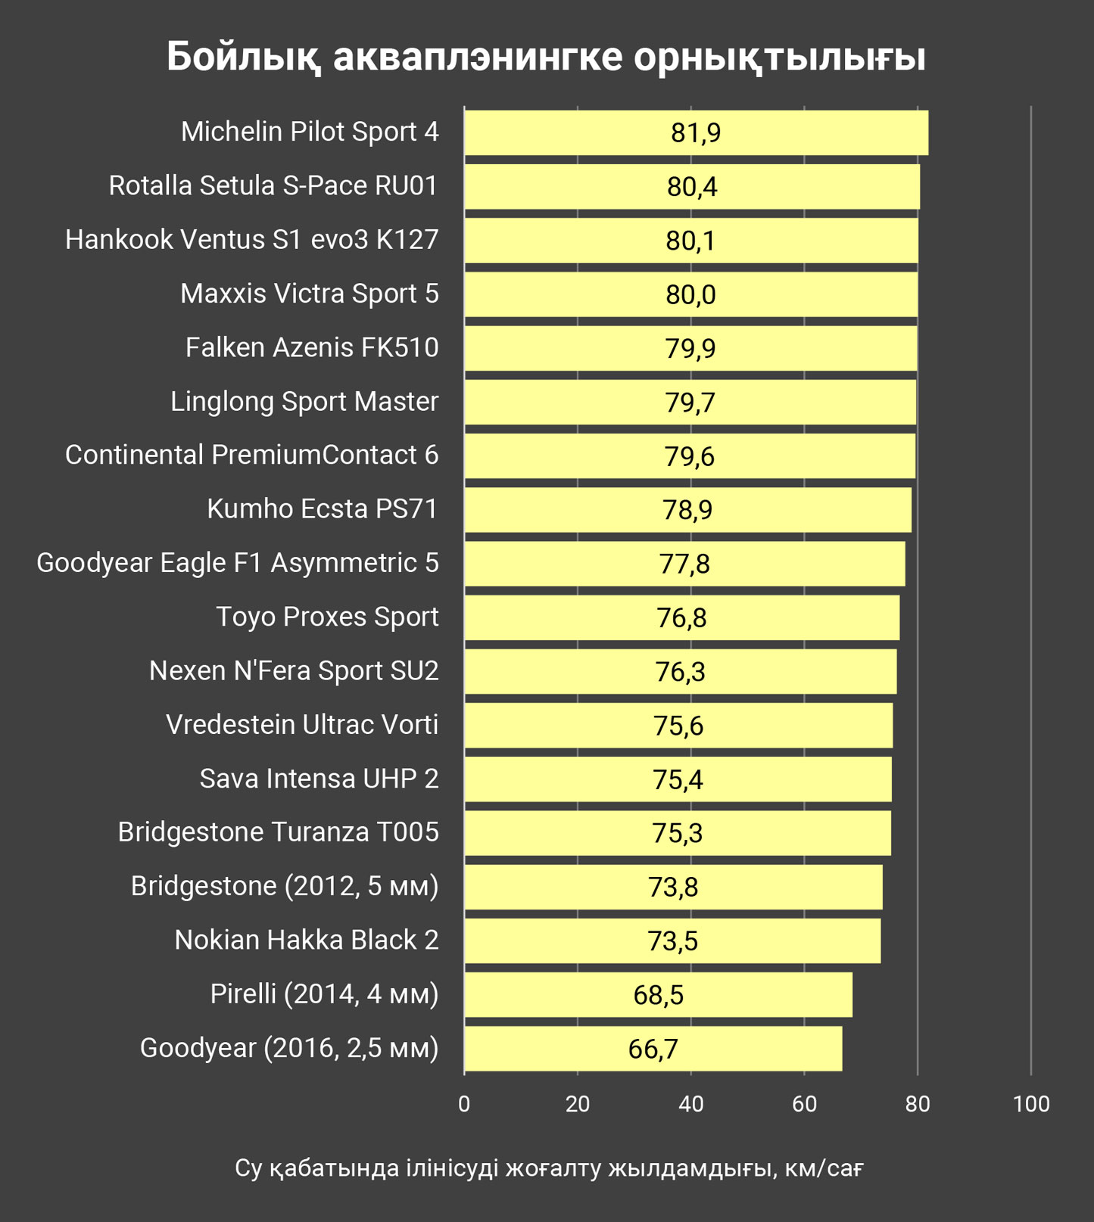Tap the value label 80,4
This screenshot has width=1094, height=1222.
(x=691, y=187)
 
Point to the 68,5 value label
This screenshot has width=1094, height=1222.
(x=658, y=995)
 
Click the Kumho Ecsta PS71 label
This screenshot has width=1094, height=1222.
(x=323, y=509)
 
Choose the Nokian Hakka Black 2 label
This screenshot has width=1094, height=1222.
(x=307, y=941)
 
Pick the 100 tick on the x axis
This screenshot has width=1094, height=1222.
(x=1030, y=1104)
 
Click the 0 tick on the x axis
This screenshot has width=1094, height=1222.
(x=464, y=1104)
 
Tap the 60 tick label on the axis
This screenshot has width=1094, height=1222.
(x=804, y=1104)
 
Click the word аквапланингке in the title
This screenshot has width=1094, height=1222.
(x=478, y=57)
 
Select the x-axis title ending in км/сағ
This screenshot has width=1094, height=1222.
(x=549, y=1168)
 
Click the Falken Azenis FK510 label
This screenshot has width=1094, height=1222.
(x=312, y=348)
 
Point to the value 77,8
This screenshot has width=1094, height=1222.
(x=684, y=564)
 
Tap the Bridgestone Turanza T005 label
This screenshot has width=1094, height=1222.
(x=278, y=832)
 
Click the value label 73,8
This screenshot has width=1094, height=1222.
(x=673, y=887)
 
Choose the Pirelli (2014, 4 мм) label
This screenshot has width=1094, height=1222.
(x=324, y=994)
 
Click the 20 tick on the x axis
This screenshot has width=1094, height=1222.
(x=578, y=1104)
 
